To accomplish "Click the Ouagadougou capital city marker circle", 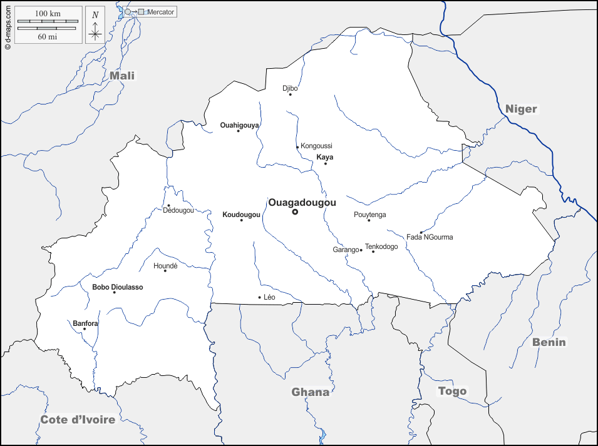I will tap(295, 212).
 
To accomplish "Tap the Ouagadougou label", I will tap(302, 203).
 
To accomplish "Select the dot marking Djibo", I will tap(290, 95).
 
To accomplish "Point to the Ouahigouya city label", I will tap(239, 125).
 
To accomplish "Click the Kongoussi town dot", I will tap(297, 148).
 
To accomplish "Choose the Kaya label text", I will tap(325, 157).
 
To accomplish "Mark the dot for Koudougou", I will tap(241, 220).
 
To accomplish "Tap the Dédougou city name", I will tap(178, 210).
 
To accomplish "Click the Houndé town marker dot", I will tap(165, 271).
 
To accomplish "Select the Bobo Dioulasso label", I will tap(117, 287).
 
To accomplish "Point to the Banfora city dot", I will tap(85, 329).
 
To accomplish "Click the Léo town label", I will tap(269, 297).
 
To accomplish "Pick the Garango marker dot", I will tap(361, 250).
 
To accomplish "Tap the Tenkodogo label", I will tap(381, 246).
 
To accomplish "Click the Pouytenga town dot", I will tap(369, 220).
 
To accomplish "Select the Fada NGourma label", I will tap(430, 237).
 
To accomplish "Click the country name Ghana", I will tap(310, 392).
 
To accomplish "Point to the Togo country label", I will tap(452, 391).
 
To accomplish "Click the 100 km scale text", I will tap(48, 13).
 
